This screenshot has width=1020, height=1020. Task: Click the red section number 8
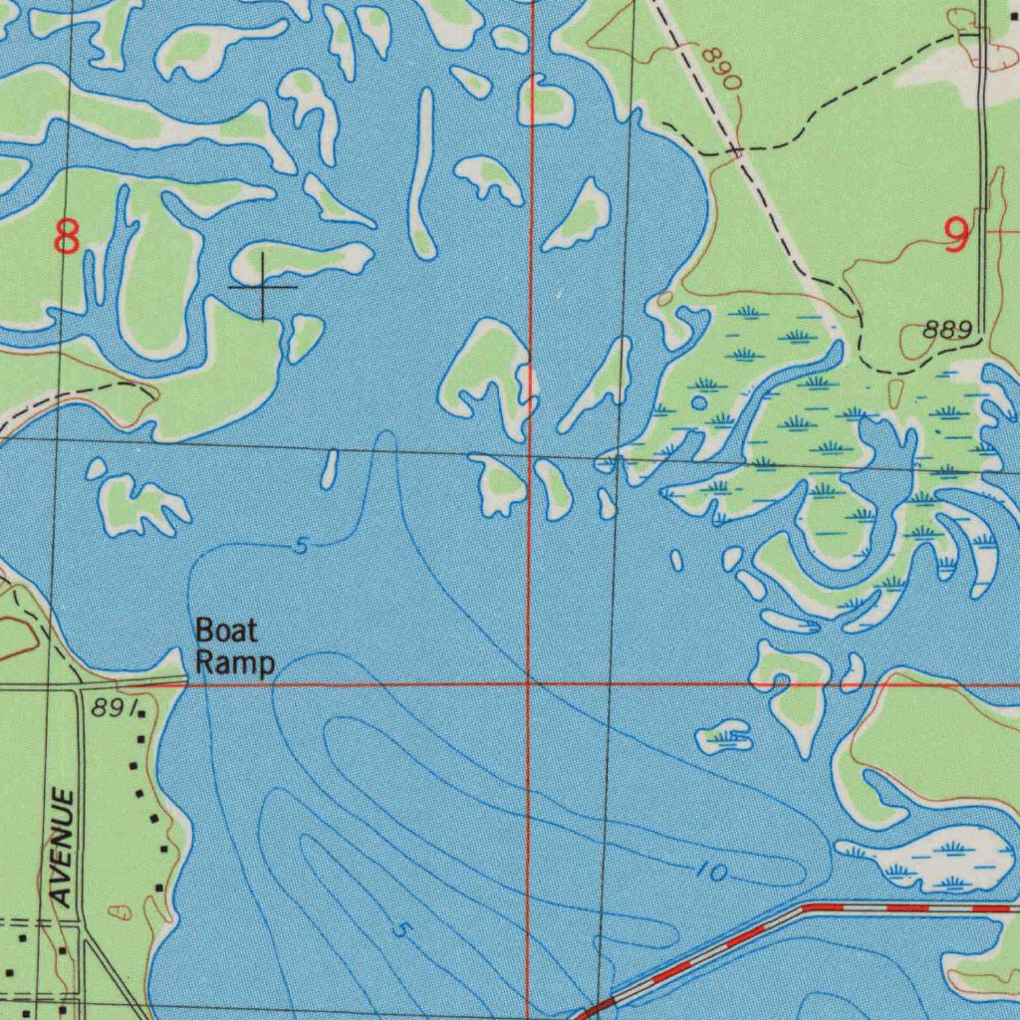(67, 238)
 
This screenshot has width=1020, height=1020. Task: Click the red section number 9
(955, 234)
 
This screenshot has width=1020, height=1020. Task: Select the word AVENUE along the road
(63, 847)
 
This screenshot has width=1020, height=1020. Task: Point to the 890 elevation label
(720, 69)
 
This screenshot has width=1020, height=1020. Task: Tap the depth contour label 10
(711, 873)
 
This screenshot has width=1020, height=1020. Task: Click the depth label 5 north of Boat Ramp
(301, 546)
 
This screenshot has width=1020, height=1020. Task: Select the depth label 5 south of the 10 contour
(401, 931)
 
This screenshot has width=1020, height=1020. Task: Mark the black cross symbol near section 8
(262, 287)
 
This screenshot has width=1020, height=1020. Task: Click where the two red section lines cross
(528, 684)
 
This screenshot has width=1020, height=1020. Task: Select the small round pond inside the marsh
(699, 402)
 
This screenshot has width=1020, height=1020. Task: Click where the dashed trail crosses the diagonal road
(735, 150)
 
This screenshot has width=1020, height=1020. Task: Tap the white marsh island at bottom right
(931, 860)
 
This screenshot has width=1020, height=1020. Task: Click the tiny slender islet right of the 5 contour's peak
(330, 468)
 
